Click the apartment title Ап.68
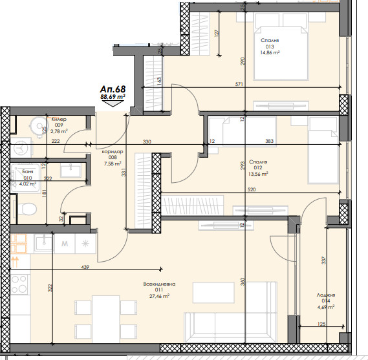coord(113,89)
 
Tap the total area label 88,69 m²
coord(113,96)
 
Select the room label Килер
coord(59,119)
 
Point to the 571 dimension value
coord(239,84)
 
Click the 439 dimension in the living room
coord(85,267)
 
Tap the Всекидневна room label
coord(159,284)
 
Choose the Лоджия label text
coord(326,295)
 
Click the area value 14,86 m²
coord(270,53)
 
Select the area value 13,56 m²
coord(258,174)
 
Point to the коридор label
coord(113,151)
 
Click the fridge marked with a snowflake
coord(85,244)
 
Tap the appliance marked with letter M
coord(65,244)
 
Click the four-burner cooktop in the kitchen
coord(19,284)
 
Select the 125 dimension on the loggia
coord(321,324)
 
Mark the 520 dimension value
coord(252,189)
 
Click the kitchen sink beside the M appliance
coord(44,243)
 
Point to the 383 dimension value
coord(270,141)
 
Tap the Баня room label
coord(27,172)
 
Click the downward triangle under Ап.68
coord(113,103)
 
